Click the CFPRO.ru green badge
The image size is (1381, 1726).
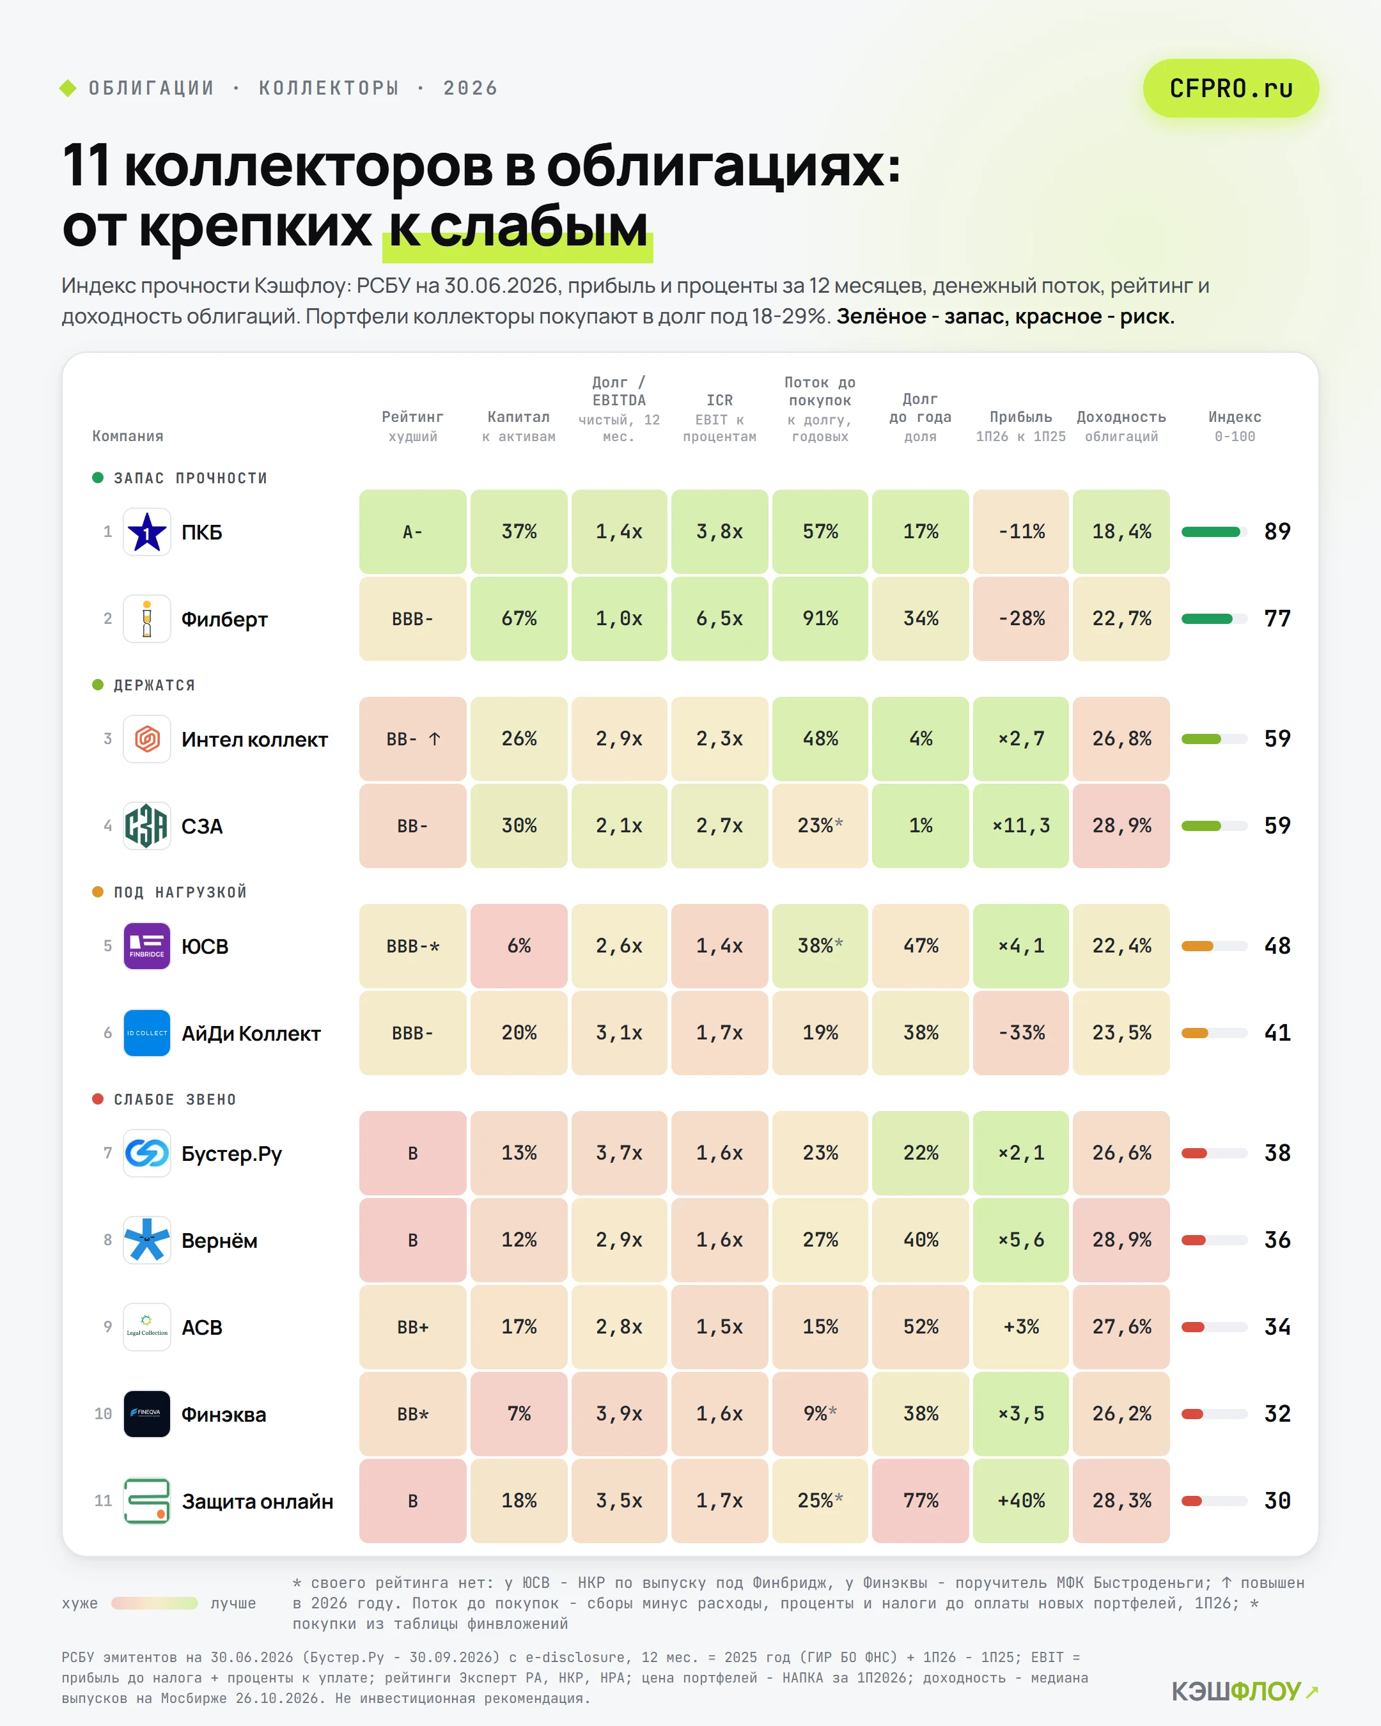1231,88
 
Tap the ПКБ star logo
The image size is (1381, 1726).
146,532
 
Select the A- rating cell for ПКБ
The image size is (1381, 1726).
412,532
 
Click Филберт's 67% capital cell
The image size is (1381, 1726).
519,619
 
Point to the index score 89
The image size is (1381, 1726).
1277,532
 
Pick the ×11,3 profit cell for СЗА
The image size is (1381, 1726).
1021,825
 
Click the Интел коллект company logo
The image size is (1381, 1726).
146,739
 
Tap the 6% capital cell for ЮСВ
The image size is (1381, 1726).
519,945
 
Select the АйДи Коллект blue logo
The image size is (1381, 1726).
146,1032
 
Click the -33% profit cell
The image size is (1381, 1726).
1021,1032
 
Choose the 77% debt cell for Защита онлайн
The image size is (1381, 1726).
921,1500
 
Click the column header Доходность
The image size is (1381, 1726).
1121,417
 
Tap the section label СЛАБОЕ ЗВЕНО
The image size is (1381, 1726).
175,1099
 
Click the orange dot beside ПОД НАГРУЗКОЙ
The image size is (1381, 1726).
98,892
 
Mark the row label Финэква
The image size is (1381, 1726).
223,1415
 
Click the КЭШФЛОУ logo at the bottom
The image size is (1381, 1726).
1244,1691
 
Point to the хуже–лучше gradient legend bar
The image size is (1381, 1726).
155,1603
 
